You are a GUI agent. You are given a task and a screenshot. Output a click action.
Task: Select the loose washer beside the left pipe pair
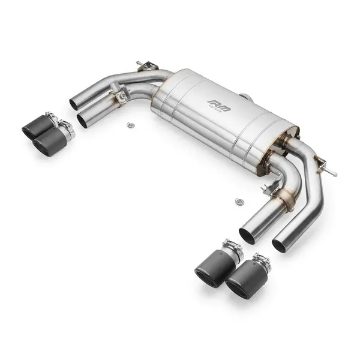pyautogui.click(x=130, y=125)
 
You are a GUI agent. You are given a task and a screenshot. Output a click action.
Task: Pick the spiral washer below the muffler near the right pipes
pyautogui.click(x=239, y=202)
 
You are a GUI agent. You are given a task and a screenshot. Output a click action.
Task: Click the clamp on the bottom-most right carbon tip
pyautogui.click(x=260, y=262)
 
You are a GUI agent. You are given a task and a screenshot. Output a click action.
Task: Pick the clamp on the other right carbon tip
pyautogui.click(x=230, y=247)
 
